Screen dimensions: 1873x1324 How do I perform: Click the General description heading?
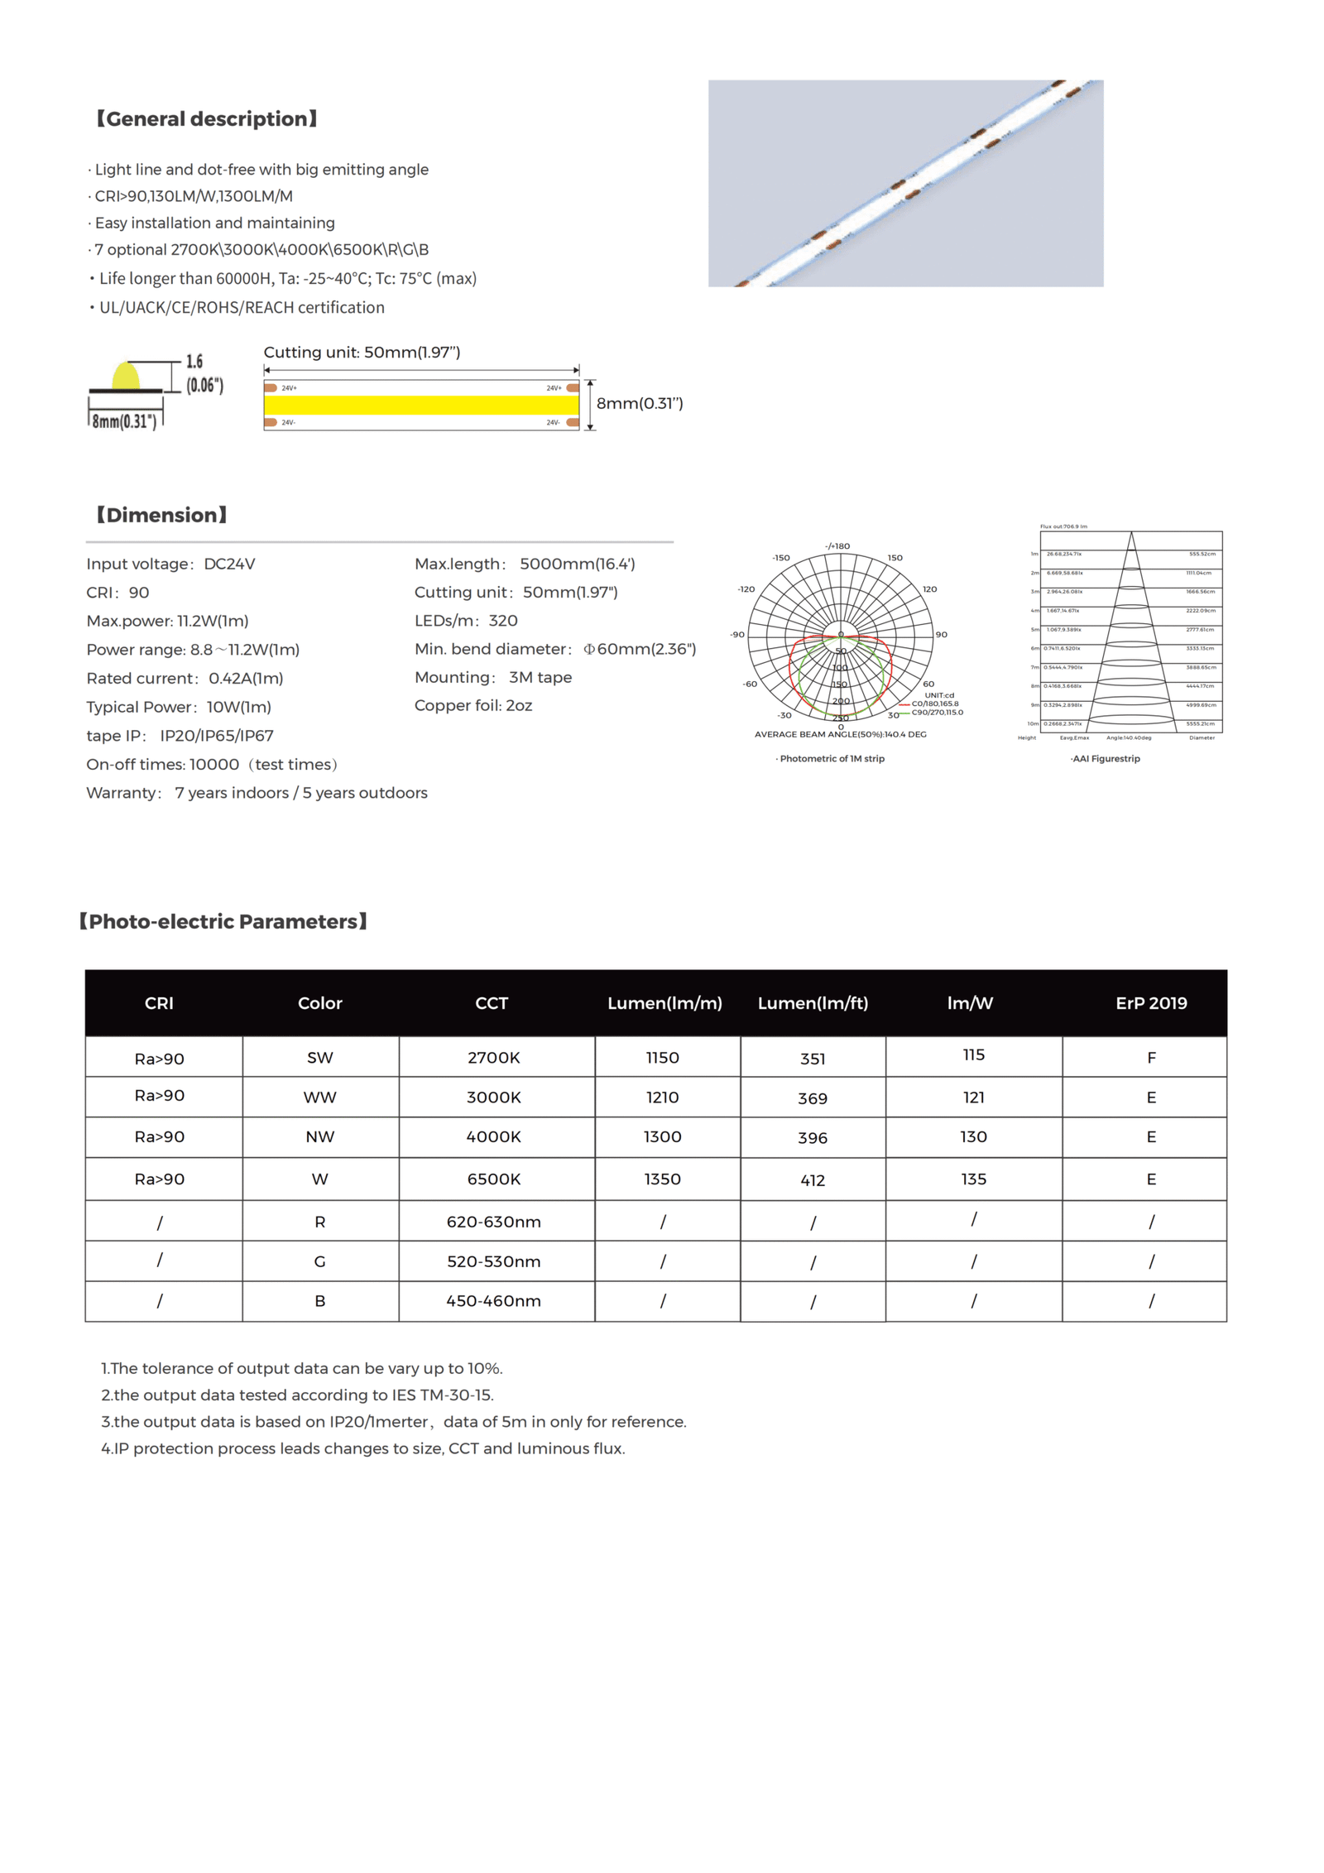coord(207,119)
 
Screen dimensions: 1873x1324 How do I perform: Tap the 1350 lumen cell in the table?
coord(662,1179)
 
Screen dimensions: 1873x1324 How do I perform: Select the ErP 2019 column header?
coord(1150,1003)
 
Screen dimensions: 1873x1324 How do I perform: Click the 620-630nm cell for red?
coord(493,1222)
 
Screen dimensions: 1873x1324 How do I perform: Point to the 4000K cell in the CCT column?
coord(493,1136)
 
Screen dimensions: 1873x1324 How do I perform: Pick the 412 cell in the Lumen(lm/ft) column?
coord(812,1180)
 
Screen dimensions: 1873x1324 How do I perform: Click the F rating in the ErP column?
coord(1151,1058)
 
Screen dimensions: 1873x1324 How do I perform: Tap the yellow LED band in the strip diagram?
coord(420,405)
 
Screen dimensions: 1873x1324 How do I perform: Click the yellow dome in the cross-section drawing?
coord(126,377)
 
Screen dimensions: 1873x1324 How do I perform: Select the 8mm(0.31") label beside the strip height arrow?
coord(640,404)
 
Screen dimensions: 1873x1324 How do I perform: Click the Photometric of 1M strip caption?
coord(831,758)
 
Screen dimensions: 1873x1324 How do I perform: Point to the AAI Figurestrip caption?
coord(1105,758)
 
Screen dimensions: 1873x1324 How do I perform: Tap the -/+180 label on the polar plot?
coord(837,546)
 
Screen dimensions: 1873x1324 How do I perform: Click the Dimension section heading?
coord(161,515)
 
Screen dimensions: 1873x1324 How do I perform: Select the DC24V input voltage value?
coord(229,564)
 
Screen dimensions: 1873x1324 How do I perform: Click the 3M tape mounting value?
coord(540,677)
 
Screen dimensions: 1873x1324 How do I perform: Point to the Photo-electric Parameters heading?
coord(223,921)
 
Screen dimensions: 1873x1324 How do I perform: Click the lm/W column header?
coord(970,1003)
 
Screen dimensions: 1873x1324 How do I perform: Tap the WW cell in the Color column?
coord(319,1097)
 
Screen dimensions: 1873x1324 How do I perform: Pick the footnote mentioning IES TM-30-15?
coord(297,1395)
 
